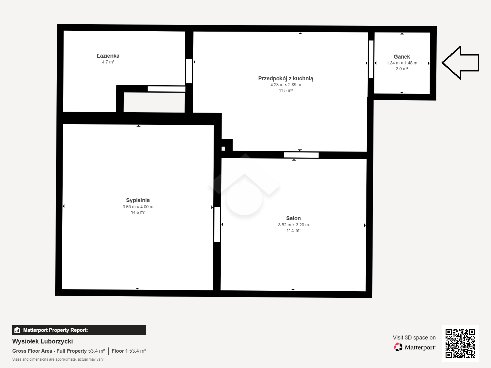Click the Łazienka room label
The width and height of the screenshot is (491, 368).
coord(108,56)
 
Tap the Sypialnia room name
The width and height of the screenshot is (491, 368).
coord(138,201)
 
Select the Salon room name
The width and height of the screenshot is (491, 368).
coord(293,218)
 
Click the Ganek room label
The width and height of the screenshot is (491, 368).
coord(402,57)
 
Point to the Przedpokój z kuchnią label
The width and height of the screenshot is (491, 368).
coord(286,79)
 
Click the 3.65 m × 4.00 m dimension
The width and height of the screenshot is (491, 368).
coord(138,207)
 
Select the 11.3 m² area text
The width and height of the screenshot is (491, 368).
coord(293,230)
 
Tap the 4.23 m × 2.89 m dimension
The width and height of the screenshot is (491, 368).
coord(286,85)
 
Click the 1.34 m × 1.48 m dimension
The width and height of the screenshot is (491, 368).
coord(402,63)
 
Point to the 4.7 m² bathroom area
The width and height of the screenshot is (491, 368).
coord(108,62)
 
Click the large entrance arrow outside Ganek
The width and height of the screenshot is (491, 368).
coord(461,63)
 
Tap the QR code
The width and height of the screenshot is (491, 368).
coord(460,343)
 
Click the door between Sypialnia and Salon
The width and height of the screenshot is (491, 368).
coord(217,224)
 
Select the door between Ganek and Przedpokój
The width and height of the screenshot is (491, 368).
coord(371,59)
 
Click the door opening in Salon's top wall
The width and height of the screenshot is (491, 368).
coord(301,155)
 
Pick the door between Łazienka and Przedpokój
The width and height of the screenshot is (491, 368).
coord(189,71)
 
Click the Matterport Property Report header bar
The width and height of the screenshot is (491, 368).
coord(79,330)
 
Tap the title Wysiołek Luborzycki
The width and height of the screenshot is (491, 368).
coord(42,341)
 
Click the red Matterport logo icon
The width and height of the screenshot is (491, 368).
coord(398,347)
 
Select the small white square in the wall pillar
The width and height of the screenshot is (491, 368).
coord(223,149)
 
